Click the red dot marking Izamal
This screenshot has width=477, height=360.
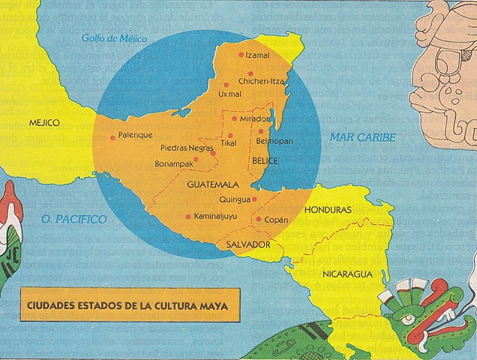click(x=241, y=55)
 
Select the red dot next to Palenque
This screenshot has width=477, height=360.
click(x=112, y=136)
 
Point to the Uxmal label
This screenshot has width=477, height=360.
click(x=229, y=94)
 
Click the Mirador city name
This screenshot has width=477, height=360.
click(x=254, y=118)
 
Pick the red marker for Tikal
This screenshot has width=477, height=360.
click(x=230, y=136)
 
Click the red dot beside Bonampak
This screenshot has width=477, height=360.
click(x=196, y=159)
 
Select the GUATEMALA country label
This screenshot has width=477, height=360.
click(x=213, y=184)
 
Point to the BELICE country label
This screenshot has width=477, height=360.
click(x=265, y=160)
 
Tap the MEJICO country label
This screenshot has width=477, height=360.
click(x=44, y=121)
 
